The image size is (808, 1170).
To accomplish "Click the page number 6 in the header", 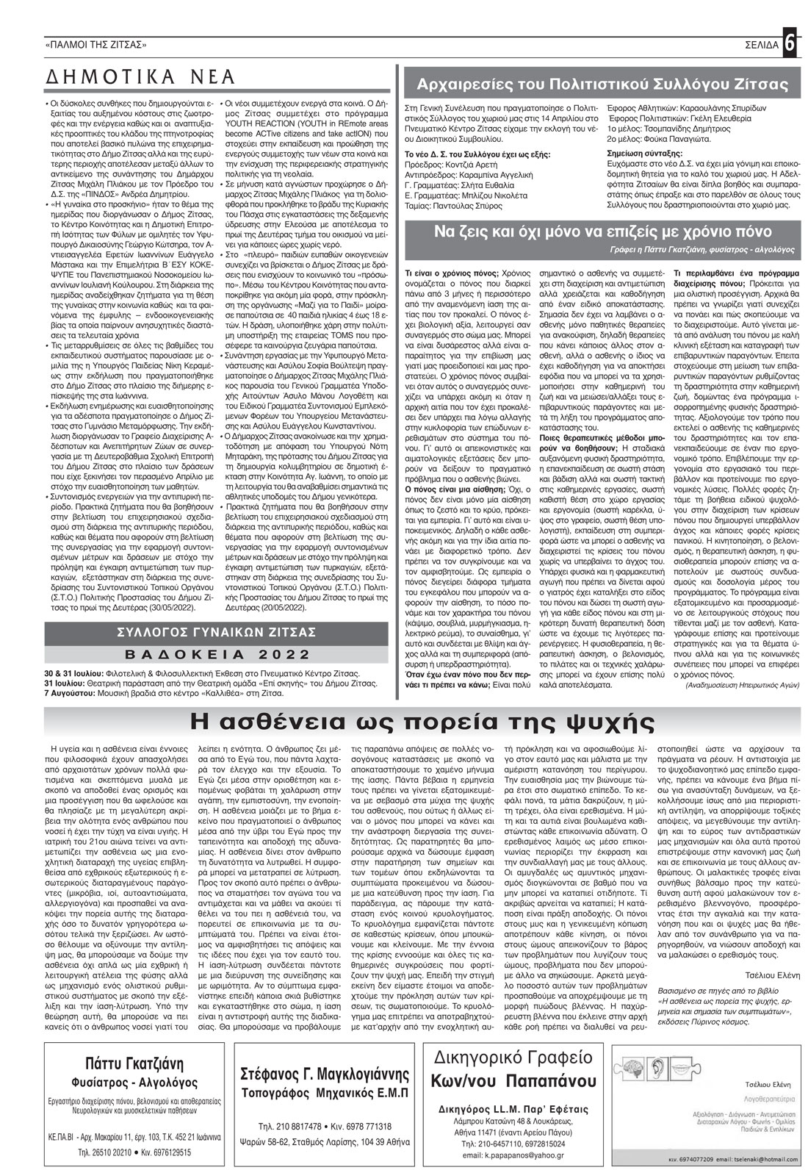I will pos(790,43).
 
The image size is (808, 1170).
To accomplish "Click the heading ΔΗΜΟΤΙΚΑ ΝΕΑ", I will pos(140,77).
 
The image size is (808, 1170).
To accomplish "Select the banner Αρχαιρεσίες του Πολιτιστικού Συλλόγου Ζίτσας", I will pos(602,85).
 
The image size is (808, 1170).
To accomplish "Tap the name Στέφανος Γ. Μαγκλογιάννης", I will pos(325,1074).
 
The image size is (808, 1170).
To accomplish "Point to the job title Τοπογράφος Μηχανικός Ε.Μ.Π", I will pos(325,1093).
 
